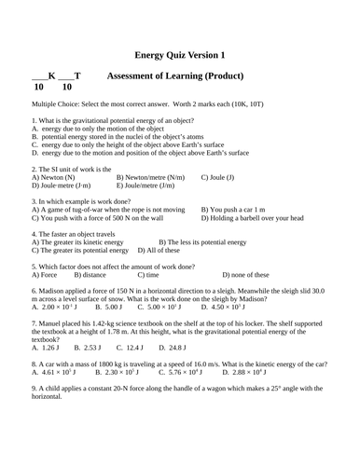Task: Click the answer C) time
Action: pyautogui.click(x=159, y=275)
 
